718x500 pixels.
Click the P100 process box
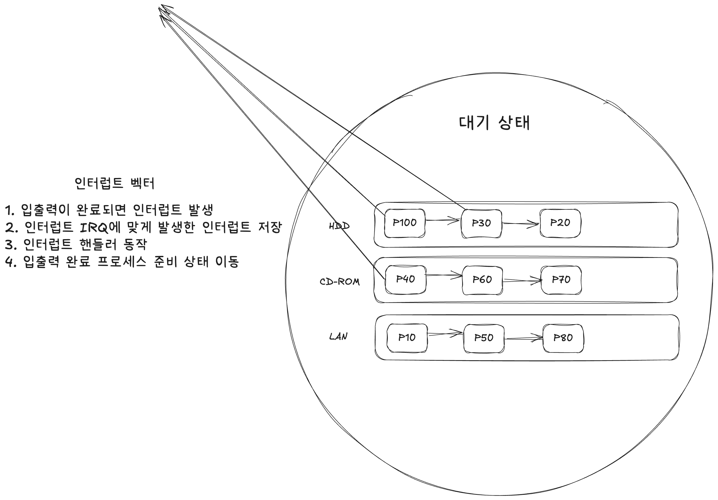click(x=405, y=223)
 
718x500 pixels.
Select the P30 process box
click(x=481, y=223)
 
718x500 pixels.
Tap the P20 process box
click(x=560, y=223)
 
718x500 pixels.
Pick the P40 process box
click(x=406, y=279)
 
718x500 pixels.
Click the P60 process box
click(x=482, y=280)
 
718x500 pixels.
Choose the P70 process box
click(x=561, y=280)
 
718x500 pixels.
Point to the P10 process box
click(x=407, y=338)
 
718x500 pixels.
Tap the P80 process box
click(x=563, y=338)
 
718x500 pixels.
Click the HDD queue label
click(x=339, y=226)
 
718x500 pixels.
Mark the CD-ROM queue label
click(x=340, y=282)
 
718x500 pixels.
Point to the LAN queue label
click(x=338, y=337)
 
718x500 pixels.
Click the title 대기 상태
click(x=494, y=123)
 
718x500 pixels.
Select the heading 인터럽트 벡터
click(x=115, y=183)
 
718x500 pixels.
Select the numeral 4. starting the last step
click(x=11, y=262)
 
